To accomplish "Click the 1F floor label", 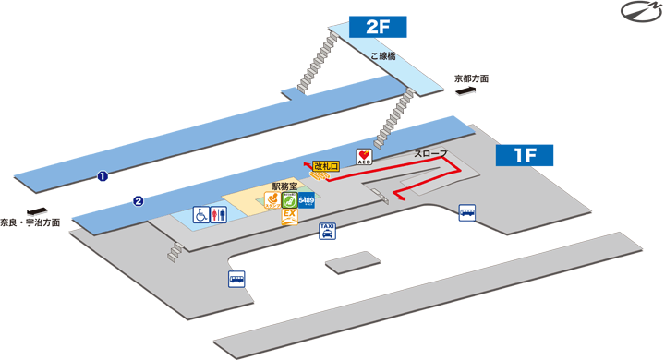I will pos(526,154).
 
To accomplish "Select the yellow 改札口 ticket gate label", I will pos(326,166).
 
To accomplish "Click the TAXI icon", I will pos(327,231).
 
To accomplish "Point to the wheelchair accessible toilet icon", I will pos(200,213).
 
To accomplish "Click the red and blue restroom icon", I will pos(218,213).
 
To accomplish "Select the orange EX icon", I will pos(289,218).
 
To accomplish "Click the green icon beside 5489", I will pos(289,198).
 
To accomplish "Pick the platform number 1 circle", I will pos(103,174).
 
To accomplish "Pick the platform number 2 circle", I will pos(138,200).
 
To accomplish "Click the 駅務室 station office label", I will pos(284,186).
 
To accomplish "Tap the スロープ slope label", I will pos(430,151).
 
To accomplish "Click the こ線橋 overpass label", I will pos(383,56).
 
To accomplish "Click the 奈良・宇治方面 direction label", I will pos(30,222).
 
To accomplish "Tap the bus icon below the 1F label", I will pos(467,212).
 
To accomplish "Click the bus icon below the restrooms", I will pos(236,279).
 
